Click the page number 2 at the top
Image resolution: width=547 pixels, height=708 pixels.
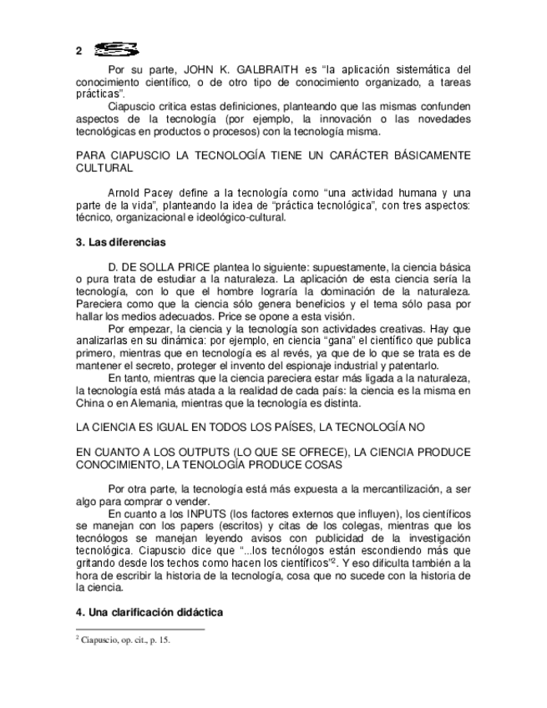79,51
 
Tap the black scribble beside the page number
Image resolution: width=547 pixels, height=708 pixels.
116,49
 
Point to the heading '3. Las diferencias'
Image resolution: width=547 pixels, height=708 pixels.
121,243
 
